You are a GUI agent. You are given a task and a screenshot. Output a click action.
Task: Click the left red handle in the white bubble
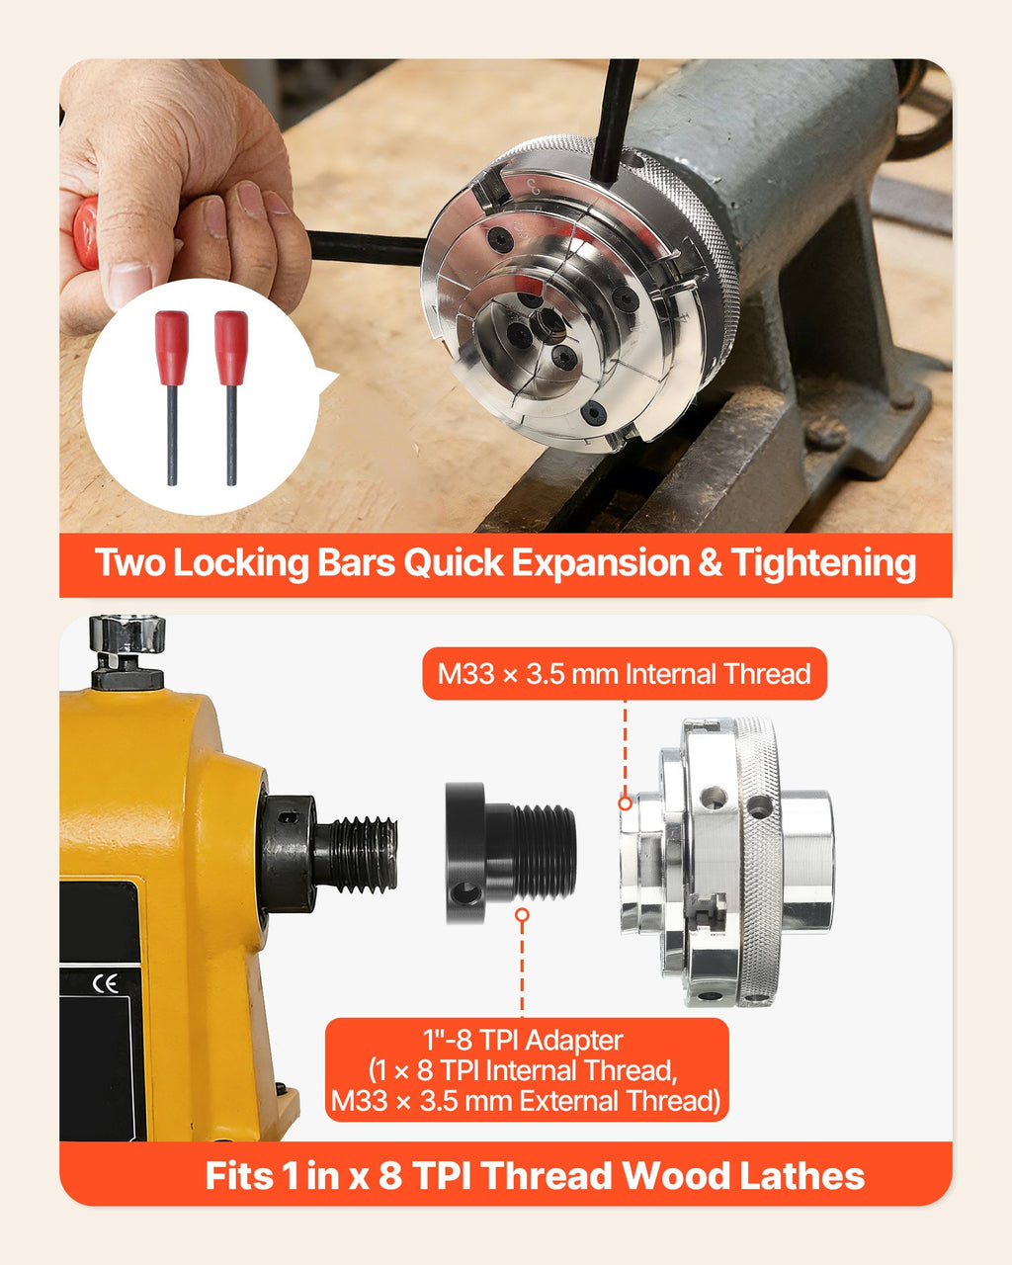171,348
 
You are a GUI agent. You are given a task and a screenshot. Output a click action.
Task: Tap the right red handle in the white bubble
231,348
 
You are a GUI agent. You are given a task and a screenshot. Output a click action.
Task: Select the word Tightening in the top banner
823,564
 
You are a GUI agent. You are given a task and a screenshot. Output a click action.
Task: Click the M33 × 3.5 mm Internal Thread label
625,674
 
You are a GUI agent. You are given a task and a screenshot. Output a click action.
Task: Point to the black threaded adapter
510,852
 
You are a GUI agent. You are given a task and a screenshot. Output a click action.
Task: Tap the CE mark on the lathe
106,983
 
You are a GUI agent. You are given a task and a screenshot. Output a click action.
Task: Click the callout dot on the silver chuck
625,802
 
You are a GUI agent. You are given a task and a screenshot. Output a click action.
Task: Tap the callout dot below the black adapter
522,915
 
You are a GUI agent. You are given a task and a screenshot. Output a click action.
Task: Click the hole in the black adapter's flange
464,894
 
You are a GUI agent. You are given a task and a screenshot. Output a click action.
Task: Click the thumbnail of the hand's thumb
128,284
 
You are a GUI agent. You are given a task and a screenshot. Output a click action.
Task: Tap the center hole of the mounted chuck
548,325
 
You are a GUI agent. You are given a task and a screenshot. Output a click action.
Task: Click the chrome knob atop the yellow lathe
127,633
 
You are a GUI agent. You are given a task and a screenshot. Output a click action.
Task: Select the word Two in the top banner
130,562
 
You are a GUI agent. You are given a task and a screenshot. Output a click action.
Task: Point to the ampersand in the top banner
710,562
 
